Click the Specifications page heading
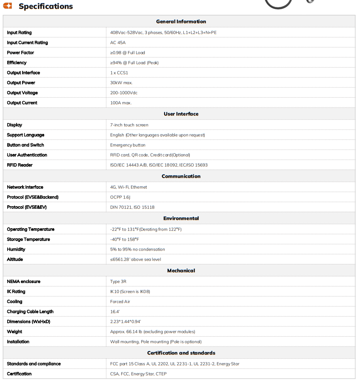click(x=46, y=6)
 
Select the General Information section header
click(x=181, y=22)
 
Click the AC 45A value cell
click(x=118, y=43)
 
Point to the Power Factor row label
click(x=20, y=53)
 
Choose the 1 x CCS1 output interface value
click(x=120, y=73)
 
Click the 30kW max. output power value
click(x=121, y=83)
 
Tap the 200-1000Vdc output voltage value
click(x=124, y=93)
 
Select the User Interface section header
click(x=181, y=114)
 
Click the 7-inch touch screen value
click(x=129, y=125)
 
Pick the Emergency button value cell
click(x=128, y=145)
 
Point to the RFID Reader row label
click(x=20, y=165)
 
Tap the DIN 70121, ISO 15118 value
click(x=132, y=207)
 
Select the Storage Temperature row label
click(x=29, y=239)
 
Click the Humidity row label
click(x=16, y=250)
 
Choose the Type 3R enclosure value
click(x=118, y=281)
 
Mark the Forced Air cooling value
click(x=120, y=301)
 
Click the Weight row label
click(x=14, y=332)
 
